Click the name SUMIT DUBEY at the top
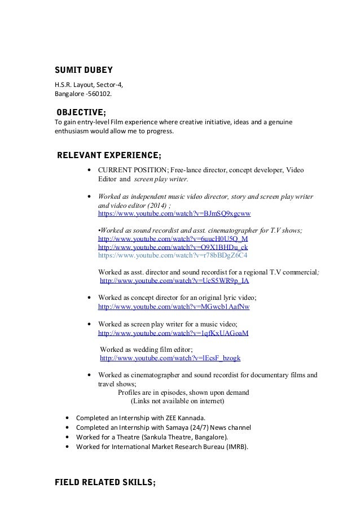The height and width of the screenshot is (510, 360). (x=83, y=71)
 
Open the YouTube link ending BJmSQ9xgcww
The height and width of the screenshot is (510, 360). (x=174, y=215)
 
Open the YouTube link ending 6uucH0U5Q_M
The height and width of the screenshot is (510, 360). (x=173, y=239)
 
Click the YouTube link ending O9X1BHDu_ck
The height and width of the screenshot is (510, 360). (x=173, y=247)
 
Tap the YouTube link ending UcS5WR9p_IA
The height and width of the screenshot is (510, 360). (x=174, y=280)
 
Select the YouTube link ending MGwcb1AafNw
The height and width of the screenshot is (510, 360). (x=174, y=307)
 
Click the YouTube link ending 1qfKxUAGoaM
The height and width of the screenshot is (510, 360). (x=173, y=333)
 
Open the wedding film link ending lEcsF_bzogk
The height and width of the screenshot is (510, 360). (x=170, y=358)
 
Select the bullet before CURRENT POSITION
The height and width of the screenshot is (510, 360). (x=90, y=170)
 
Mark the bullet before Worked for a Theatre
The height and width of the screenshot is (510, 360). (x=68, y=437)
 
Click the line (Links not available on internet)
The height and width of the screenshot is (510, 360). (x=177, y=402)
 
